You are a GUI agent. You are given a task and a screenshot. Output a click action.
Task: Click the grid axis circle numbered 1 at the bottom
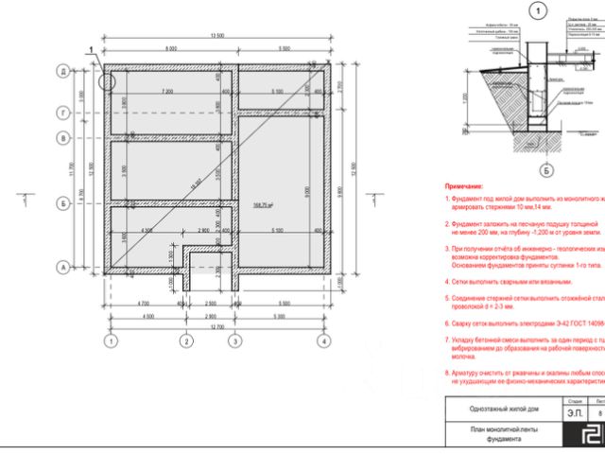pos(112,340)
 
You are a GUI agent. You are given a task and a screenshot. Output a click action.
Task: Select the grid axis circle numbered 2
pos(187,340)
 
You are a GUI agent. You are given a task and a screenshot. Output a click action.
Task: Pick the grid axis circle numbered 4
pos(323,340)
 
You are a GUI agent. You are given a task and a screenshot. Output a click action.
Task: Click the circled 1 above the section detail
pos(539,13)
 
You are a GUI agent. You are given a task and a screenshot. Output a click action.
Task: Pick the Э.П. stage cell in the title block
pos(573,412)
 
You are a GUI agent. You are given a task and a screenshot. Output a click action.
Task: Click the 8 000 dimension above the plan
pos(171,48)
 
